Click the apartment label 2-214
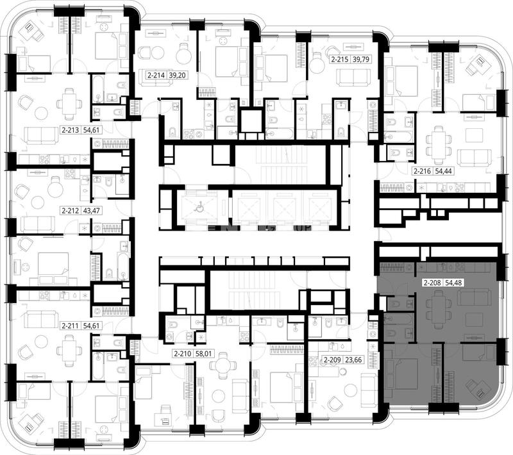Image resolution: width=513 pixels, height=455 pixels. tap(156, 75)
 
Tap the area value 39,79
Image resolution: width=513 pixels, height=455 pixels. tap(362, 60)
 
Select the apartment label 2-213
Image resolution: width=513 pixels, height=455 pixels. tap(71, 130)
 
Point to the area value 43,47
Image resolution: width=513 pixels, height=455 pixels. tap(90, 210)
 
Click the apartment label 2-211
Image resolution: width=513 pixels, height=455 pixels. tap(71, 326)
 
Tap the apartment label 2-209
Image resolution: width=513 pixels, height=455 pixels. tap(333, 360)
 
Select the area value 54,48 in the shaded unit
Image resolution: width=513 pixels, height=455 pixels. tap(453, 283)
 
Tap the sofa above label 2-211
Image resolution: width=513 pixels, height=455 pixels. tap(41, 318)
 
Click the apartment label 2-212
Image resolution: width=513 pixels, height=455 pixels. tap(71, 210)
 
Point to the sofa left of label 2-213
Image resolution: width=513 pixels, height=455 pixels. tap(41, 136)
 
